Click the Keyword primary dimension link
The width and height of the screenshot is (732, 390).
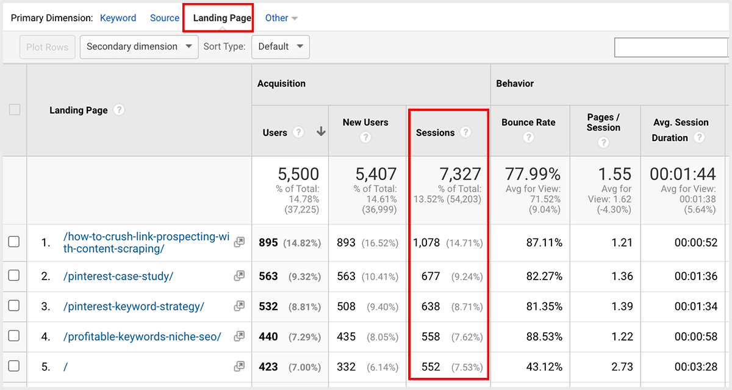tap(118, 18)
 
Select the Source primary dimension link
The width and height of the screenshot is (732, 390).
tap(165, 18)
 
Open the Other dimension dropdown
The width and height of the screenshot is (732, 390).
tap(281, 18)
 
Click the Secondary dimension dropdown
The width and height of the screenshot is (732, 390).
tap(139, 46)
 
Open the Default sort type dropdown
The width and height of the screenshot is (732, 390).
tap(281, 46)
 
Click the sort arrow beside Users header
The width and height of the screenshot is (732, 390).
tap(321, 132)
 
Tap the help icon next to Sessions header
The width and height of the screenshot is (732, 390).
tap(466, 132)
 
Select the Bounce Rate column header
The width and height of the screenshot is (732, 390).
tap(528, 122)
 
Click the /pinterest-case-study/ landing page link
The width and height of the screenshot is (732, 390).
tap(118, 276)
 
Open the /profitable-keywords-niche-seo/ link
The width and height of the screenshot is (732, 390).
tap(142, 337)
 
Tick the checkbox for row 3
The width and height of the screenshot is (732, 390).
tap(14, 306)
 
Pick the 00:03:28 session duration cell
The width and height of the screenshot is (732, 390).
tap(695, 367)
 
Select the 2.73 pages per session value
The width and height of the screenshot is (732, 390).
tap(622, 367)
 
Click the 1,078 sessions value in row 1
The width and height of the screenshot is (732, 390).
tap(426, 243)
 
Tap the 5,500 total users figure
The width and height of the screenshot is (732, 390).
tap(298, 175)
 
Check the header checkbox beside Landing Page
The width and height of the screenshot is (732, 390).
tap(15, 110)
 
